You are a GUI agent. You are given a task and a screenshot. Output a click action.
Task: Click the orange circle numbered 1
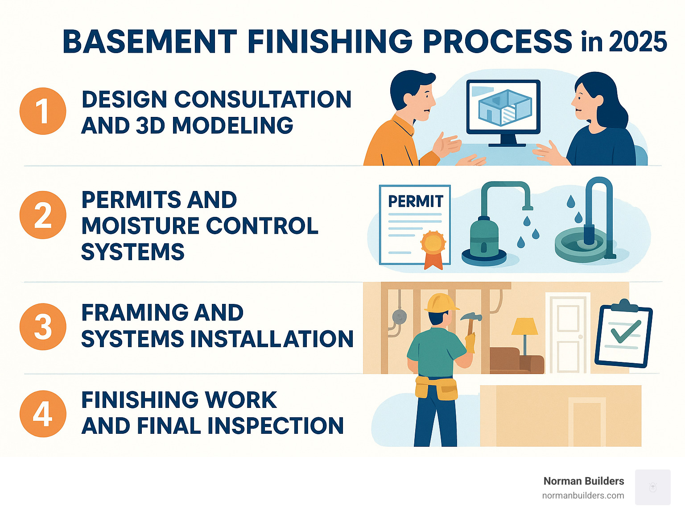click(43, 111)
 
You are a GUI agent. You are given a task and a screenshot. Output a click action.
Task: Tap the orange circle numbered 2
click(43, 215)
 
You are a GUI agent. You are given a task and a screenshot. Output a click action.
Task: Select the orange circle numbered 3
click(43, 327)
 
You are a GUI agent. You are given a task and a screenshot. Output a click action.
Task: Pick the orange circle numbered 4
click(43, 414)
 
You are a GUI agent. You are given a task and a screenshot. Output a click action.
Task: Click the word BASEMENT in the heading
click(149, 42)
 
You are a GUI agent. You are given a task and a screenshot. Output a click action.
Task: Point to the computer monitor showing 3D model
click(503, 107)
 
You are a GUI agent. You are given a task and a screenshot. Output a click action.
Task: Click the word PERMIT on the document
click(415, 201)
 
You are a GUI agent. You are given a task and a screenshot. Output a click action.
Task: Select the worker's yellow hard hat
click(441, 303)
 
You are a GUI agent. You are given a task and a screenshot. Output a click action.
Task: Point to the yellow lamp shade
click(524, 326)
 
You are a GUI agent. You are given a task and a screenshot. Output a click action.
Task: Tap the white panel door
click(568, 332)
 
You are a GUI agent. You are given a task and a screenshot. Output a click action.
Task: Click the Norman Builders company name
click(583, 481)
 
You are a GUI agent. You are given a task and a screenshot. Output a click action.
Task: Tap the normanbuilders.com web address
click(583, 495)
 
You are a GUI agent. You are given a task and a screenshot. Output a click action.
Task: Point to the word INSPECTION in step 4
click(276, 426)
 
